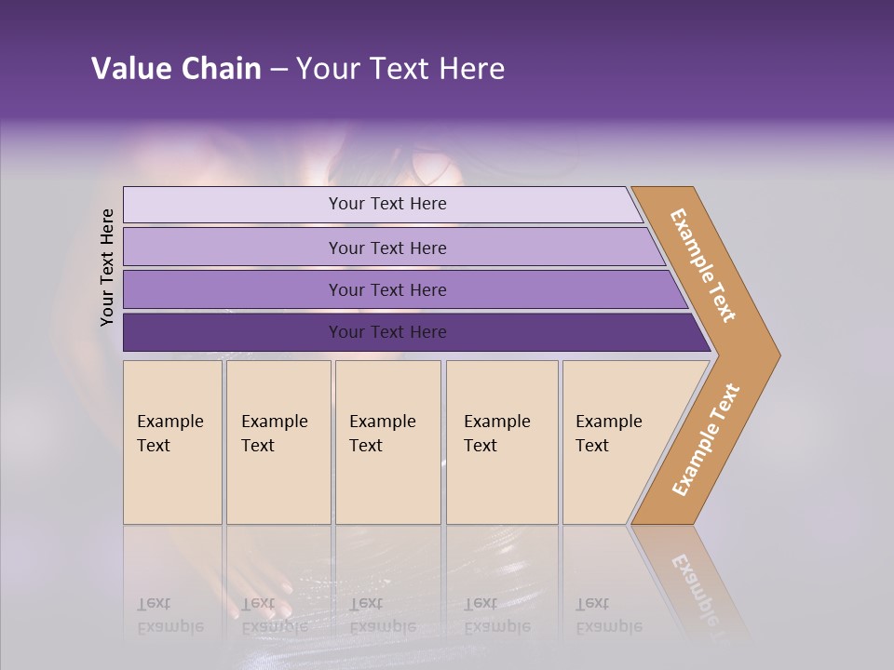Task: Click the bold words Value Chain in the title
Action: pos(176,69)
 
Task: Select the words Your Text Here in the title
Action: pos(400,69)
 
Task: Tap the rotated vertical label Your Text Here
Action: pos(107,267)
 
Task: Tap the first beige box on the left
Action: pos(172,442)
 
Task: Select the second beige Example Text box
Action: pos(278,442)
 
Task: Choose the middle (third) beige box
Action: pos(387,442)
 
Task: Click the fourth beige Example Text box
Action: pos(502,442)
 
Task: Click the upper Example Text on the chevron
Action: pos(703,265)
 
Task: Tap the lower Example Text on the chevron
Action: pos(706,439)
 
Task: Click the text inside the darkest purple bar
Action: pos(387,332)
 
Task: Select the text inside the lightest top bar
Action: pos(387,204)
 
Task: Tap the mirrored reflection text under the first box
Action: pos(169,615)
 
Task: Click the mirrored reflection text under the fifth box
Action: pos(608,615)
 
